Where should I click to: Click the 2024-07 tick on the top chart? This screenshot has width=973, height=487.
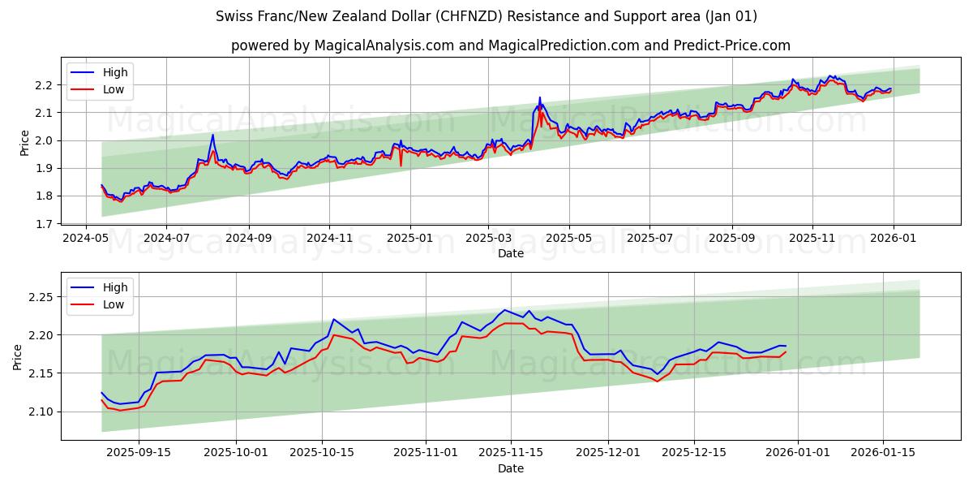click(x=166, y=239)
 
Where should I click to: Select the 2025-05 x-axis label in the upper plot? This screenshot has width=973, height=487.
click(x=569, y=239)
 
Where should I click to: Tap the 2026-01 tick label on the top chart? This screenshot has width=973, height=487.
click(x=893, y=239)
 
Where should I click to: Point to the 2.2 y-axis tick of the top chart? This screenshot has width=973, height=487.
click(x=44, y=85)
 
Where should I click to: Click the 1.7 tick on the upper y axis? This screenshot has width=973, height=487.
click(x=44, y=224)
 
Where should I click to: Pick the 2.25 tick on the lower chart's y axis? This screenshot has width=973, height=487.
click(x=38, y=297)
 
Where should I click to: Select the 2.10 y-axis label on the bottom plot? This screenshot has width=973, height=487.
click(x=38, y=412)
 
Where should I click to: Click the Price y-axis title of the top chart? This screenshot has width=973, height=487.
click(x=24, y=143)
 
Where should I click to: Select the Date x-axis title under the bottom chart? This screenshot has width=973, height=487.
click(x=511, y=468)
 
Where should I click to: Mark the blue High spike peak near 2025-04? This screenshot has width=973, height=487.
click(x=540, y=97)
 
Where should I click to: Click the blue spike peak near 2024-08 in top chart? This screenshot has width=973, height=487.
click(x=212, y=135)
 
